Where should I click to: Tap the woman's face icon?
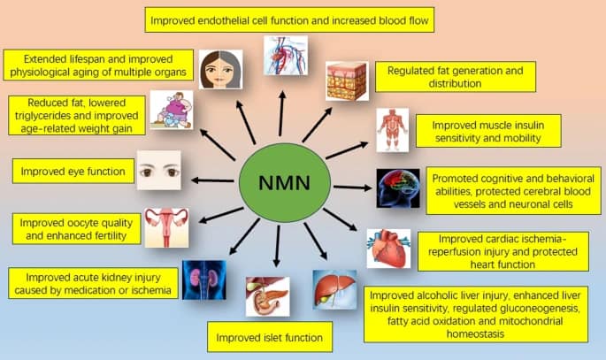pos(220,69)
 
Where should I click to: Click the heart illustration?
pos(388,249)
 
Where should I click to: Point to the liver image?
pos(334,289)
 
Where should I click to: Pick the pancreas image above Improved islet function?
pos(266,296)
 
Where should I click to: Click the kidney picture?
pos(203,280)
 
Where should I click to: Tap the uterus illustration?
pos(166,227)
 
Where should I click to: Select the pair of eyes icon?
pos(158,170)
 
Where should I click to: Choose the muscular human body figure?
pos(393,131)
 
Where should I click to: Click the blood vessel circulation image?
pos(286,55)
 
